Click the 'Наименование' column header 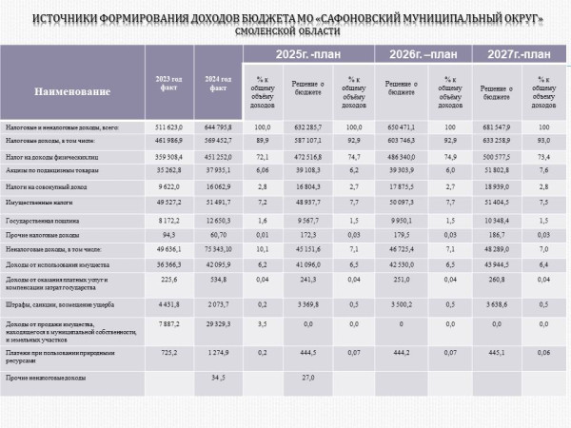73,92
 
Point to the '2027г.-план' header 518,54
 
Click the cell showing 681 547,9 493,126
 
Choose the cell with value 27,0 307,378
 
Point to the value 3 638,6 493,304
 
